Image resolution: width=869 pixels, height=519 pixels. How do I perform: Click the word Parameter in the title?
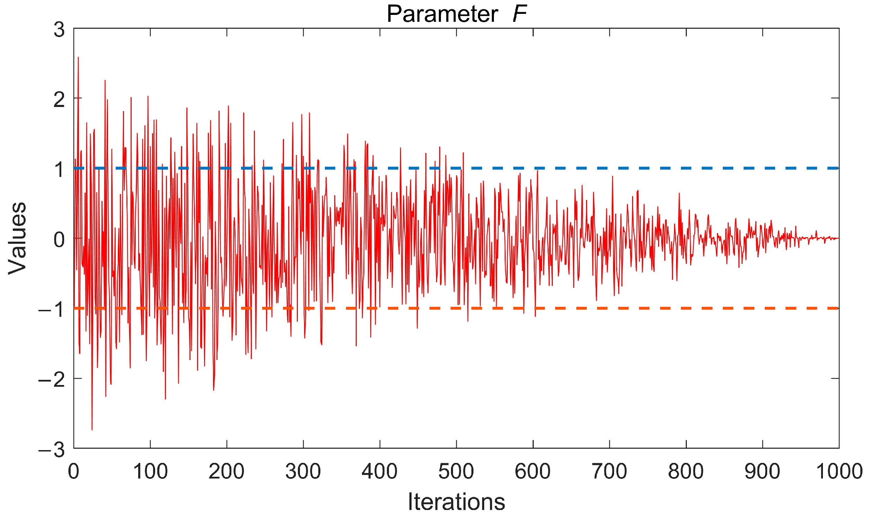pyautogui.click(x=442, y=15)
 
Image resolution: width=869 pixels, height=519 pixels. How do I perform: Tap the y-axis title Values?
pyautogui.click(x=18, y=238)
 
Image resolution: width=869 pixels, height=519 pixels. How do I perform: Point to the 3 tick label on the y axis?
pyautogui.click(x=59, y=29)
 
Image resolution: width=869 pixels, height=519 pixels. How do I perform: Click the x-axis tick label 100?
pyautogui.click(x=150, y=472)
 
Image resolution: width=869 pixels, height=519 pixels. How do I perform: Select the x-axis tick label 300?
pyautogui.click(x=303, y=472)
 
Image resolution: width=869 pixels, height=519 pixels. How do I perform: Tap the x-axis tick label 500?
pyautogui.click(x=456, y=472)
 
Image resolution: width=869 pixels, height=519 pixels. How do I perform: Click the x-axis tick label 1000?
pyautogui.click(x=839, y=472)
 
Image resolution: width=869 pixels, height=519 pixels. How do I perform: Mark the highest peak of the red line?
pyautogui.click(x=78, y=57)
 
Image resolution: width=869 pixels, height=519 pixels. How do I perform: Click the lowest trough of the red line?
pyautogui.click(x=92, y=429)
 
